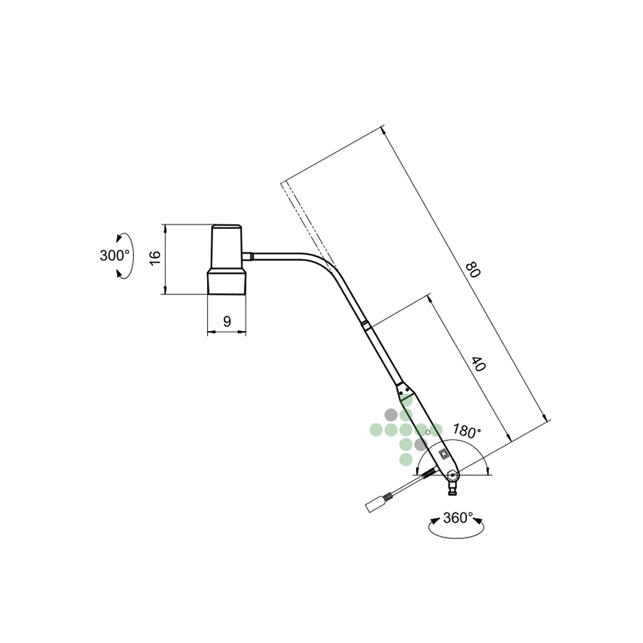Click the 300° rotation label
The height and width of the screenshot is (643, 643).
click(114, 255)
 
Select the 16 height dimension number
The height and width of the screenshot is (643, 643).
click(155, 258)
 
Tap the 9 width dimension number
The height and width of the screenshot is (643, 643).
click(227, 321)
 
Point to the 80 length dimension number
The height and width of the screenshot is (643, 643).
click(473, 269)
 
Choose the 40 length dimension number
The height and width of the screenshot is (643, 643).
click(478, 364)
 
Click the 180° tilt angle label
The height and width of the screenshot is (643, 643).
click(467, 431)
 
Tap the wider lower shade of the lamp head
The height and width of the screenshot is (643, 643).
click(227, 282)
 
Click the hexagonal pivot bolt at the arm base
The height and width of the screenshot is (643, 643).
click(452, 476)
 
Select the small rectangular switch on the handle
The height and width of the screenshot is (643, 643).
click(444, 454)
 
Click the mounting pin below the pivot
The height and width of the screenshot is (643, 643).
click(453, 487)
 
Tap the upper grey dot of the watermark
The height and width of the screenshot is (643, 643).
click(391, 415)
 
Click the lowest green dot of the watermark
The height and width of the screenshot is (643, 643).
click(406, 459)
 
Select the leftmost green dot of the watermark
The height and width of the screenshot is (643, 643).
click(376, 430)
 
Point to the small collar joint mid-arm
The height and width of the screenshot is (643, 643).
click(367, 325)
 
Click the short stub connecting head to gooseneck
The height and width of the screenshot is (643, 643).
click(247, 257)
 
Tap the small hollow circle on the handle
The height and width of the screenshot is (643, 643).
click(428, 432)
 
